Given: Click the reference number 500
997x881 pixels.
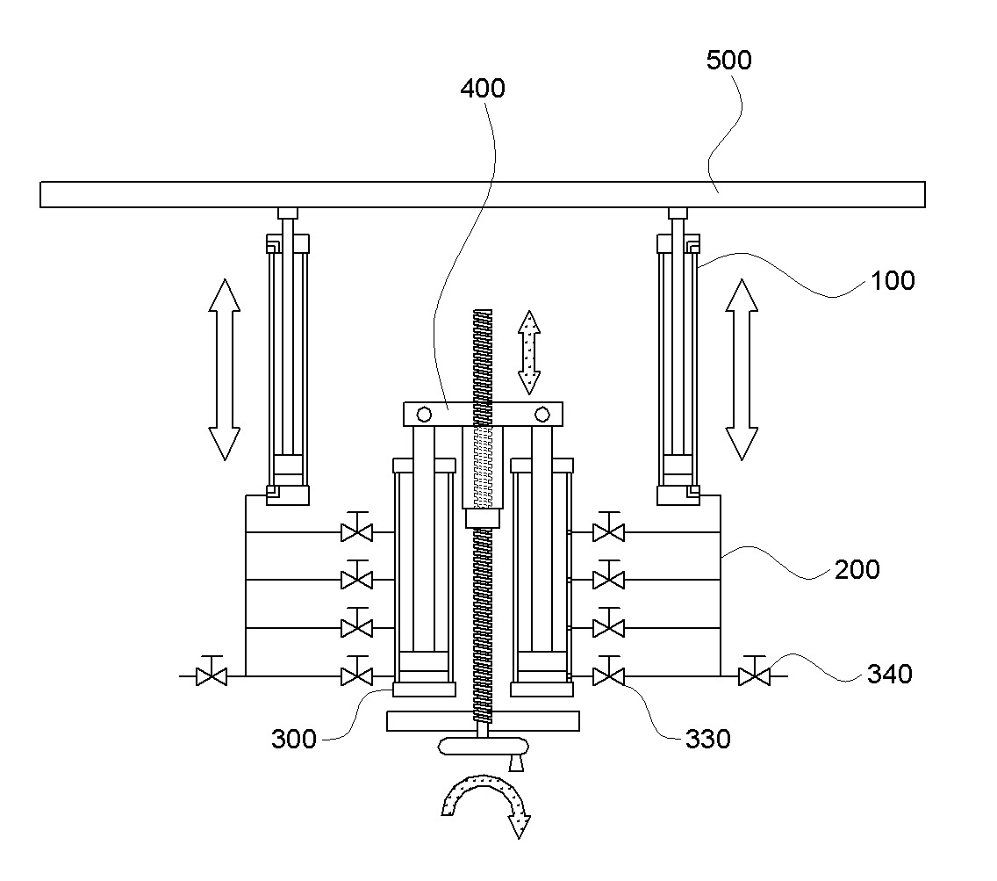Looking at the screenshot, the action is tap(728, 60).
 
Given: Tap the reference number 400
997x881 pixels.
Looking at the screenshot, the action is tap(483, 89).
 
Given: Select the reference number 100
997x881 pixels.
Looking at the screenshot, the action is tap(892, 281).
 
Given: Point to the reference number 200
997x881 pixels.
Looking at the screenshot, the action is tap(857, 569).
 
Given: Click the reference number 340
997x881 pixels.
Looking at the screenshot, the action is tap(890, 674).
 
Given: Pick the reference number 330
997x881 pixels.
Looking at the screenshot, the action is tap(707, 739).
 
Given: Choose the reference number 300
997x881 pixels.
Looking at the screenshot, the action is tap(294, 739).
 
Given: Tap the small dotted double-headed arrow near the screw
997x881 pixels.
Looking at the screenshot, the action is tap(529, 352).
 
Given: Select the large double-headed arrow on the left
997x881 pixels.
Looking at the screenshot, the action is tap(225, 369).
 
